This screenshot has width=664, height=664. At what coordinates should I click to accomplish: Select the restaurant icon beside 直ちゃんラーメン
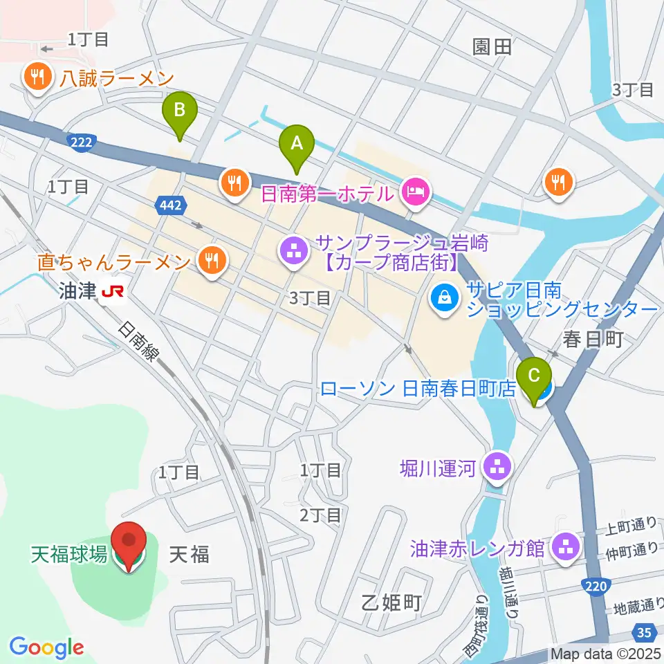210,261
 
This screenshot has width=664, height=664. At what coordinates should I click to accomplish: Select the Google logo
46,647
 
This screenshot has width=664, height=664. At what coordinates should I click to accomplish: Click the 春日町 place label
593,339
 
